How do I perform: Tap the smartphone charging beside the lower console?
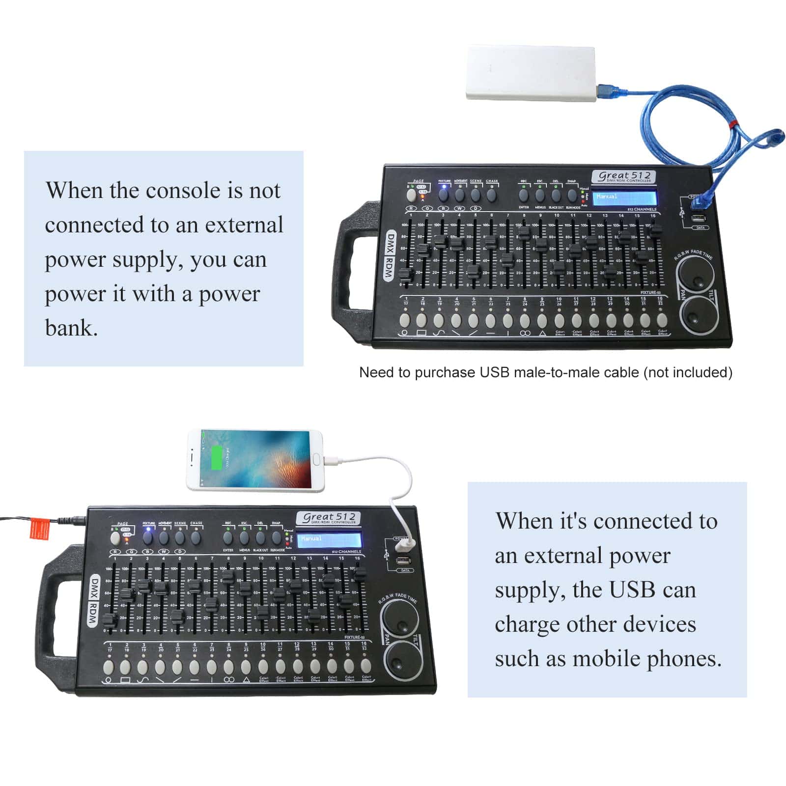(x=255, y=460)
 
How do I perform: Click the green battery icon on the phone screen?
(x=216, y=457)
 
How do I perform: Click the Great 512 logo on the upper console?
(x=624, y=176)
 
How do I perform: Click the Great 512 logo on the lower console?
(x=328, y=518)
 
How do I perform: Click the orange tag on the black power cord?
(x=39, y=528)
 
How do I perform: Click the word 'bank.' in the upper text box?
(x=72, y=328)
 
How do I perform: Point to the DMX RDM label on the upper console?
(x=390, y=255)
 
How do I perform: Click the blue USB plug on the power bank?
(x=606, y=91)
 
